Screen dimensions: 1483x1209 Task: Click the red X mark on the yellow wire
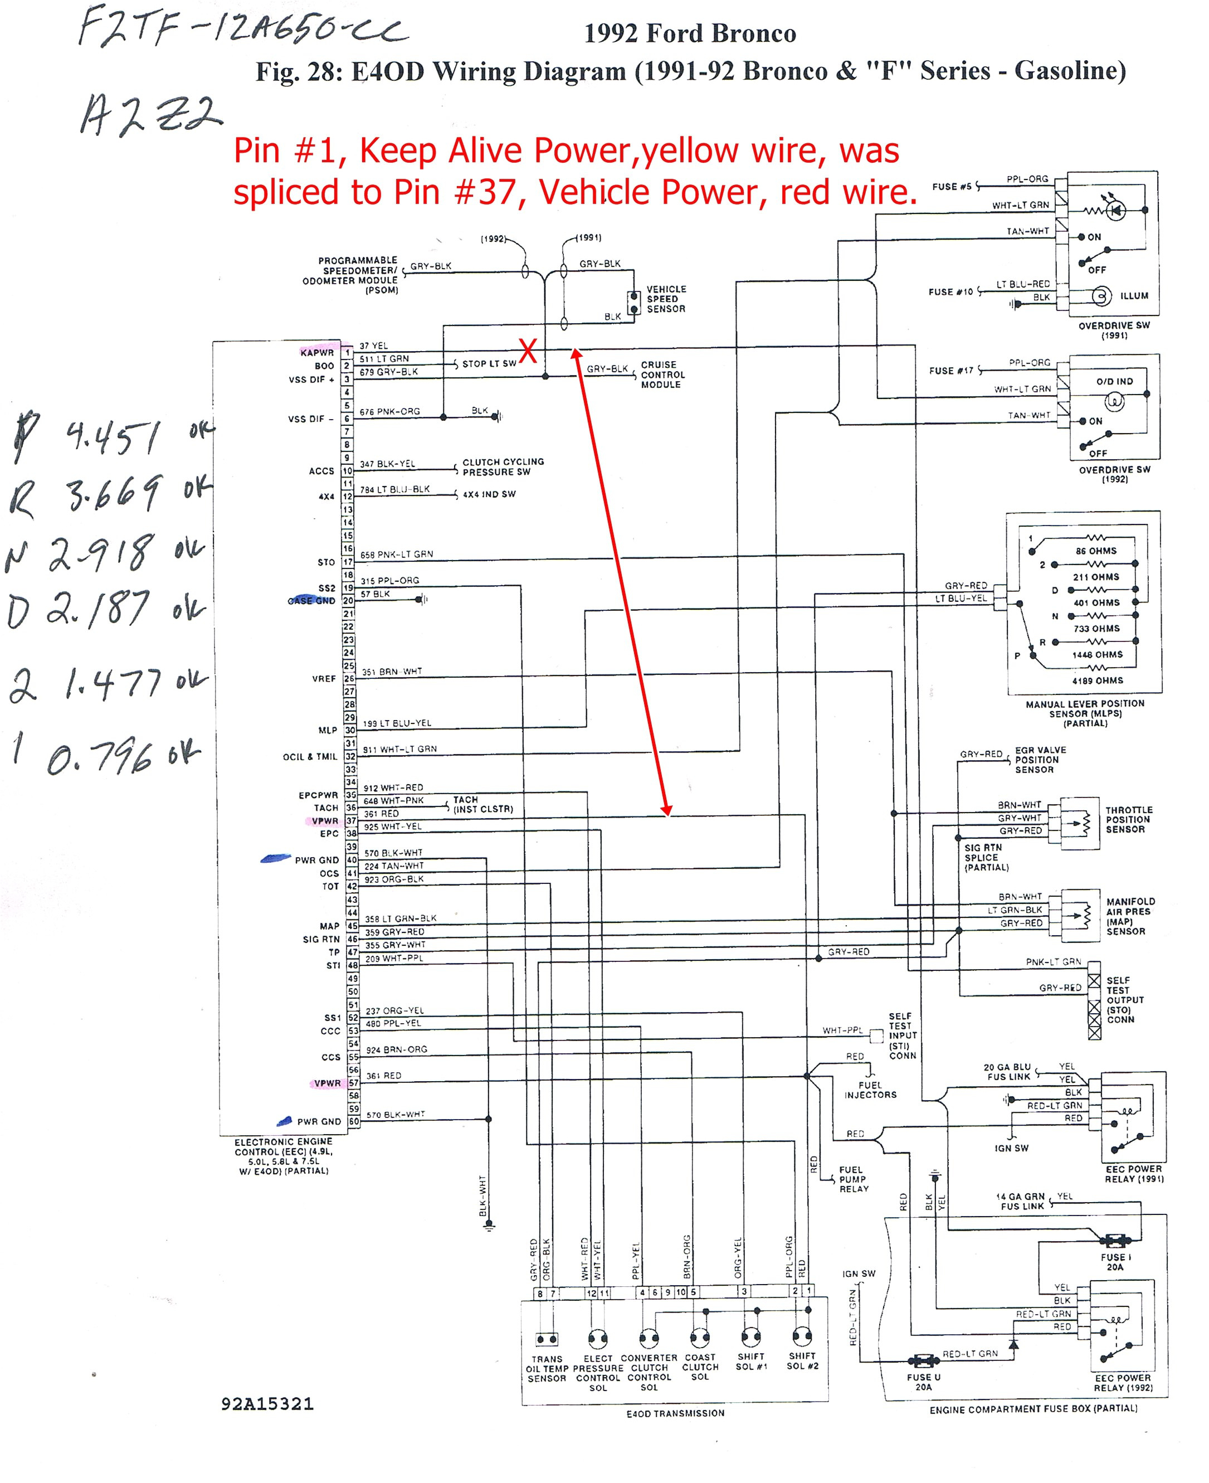tap(528, 351)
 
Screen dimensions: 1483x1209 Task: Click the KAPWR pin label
tap(317, 352)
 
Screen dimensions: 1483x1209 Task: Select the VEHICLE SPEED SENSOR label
tap(666, 299)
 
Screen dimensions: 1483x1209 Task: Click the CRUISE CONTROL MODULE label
tap(662, 375)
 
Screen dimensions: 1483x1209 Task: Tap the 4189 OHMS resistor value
tap(1098, 680)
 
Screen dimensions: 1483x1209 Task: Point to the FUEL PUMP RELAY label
tap(853, 1179)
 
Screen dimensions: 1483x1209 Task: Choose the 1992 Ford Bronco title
tap(690, 33)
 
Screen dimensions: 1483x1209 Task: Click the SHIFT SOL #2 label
tap(802, 1361)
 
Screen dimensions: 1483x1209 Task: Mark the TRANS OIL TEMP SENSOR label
tap(547, 1369)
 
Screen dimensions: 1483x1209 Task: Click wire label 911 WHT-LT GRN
tap(400, 750)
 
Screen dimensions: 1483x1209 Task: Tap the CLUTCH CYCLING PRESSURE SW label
tap(503, 466)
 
